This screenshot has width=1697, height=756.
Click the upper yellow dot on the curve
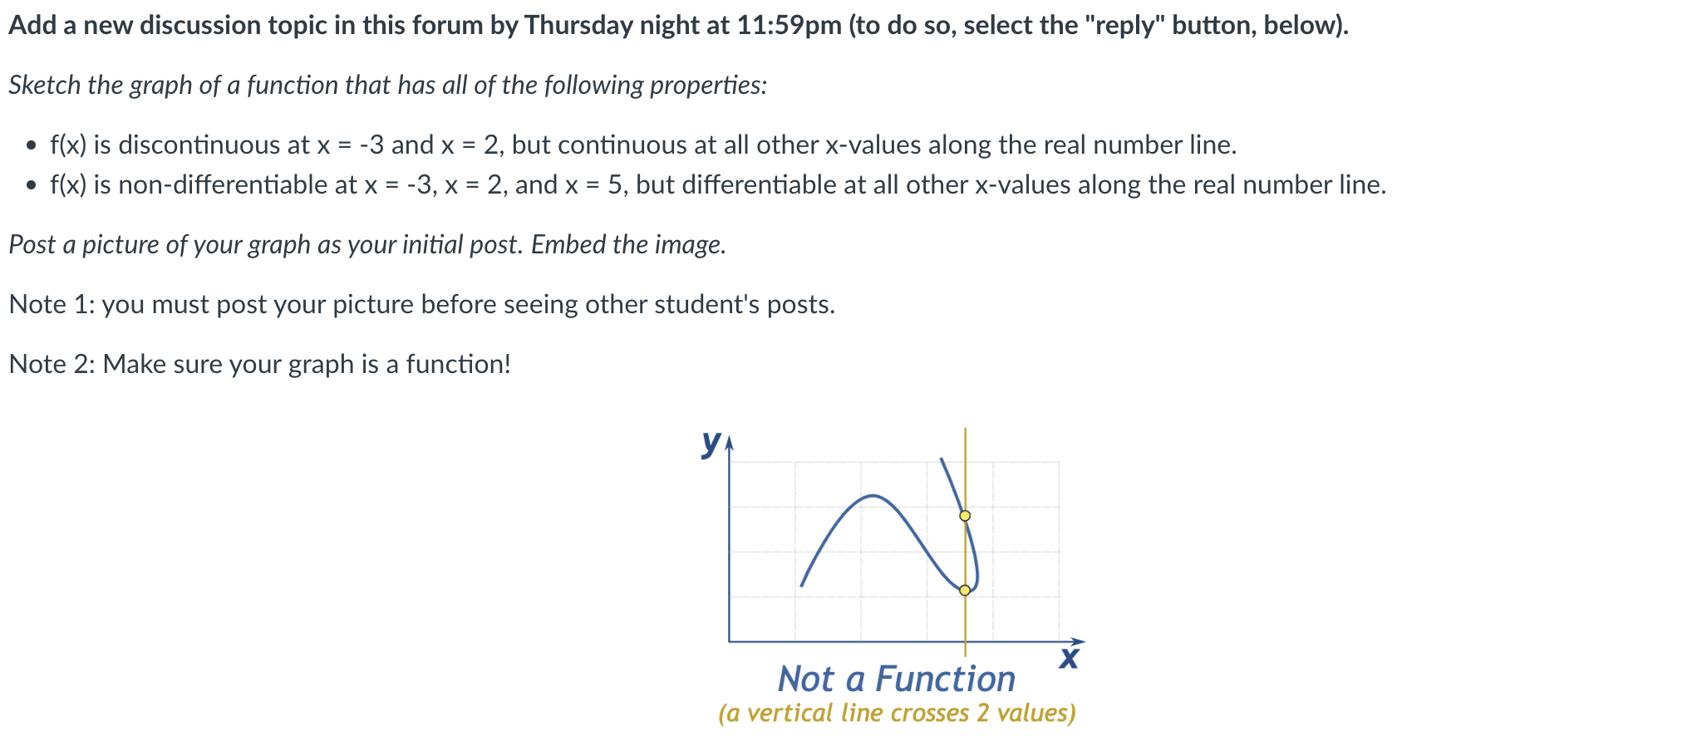coord(965,516)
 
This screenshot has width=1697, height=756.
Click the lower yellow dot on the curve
coord(965,591)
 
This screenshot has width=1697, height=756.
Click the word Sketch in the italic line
coord(43,86)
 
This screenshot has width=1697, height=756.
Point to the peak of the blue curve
coord(872,496)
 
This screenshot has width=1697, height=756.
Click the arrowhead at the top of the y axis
coord(729,445)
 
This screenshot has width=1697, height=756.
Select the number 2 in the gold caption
coord(982,714)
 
